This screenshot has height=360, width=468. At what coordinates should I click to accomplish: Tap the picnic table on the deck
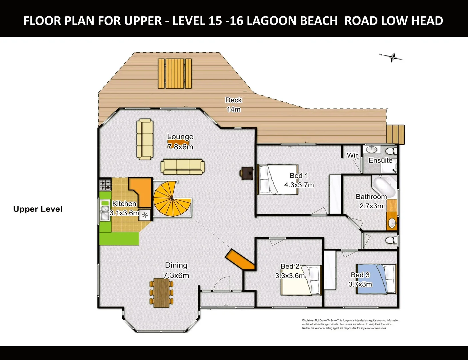pos(175,73)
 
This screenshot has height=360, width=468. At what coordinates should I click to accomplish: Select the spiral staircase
pos(171,199)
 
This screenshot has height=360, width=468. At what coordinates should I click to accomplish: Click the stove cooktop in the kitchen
pos(106,185)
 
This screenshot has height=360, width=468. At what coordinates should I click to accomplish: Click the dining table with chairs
pos(162,292)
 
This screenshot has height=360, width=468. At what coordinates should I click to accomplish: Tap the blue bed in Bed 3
pos(376,279)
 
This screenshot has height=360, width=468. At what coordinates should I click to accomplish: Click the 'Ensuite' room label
pos(380,160)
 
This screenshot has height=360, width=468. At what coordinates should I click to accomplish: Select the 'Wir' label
pos(352,155)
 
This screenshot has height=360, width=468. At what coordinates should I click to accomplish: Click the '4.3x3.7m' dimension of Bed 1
pos(299,185)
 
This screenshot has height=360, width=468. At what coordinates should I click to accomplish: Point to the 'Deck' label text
pos(233,100)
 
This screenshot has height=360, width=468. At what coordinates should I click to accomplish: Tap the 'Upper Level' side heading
pos(38,209)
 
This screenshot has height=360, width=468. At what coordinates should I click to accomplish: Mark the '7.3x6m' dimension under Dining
pos(176,275)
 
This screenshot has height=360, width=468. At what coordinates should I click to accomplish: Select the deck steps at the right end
pos(395,134)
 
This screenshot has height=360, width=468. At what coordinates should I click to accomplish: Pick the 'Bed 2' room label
pos(290,266)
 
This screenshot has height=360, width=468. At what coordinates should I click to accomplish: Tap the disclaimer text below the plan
pos(350,324)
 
